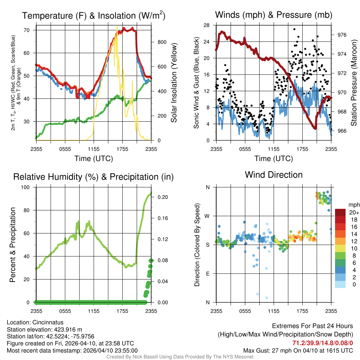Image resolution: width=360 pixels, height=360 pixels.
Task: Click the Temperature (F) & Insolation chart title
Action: (94, 16)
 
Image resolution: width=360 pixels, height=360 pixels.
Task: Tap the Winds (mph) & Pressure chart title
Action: (274, 15)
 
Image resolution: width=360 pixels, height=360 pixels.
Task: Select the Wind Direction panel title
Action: (274, 175)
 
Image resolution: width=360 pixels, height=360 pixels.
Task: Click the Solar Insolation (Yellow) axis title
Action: (174, 83)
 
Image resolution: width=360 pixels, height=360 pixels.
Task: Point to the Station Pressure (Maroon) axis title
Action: (354, 83)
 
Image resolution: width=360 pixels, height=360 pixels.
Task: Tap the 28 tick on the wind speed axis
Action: (207, 25)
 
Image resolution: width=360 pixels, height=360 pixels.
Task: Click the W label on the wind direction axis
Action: (207, 216)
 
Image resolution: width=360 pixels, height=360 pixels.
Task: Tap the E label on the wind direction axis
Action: (208, 274)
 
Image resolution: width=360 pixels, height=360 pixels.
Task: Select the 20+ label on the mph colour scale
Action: (354, 212)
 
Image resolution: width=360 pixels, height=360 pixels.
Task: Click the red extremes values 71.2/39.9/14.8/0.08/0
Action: (323, 343)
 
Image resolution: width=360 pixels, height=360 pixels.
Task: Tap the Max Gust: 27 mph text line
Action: (298, 351)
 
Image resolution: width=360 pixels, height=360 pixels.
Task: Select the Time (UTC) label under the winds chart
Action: (274, 159)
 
